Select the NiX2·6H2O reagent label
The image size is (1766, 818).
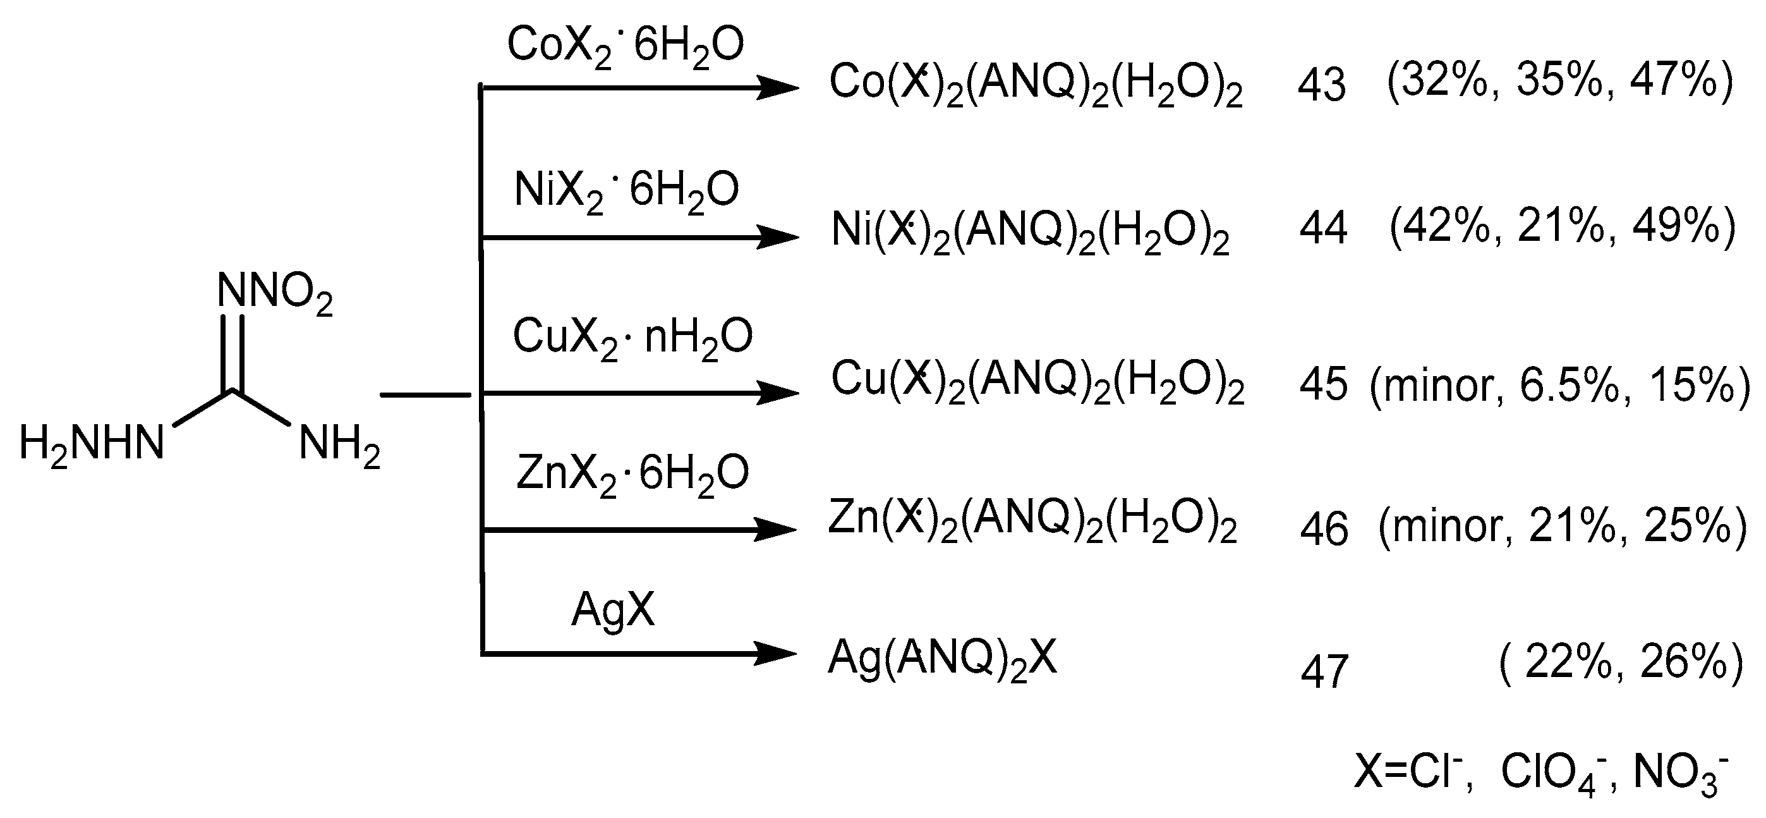626,192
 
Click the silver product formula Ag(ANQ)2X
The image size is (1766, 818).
942,659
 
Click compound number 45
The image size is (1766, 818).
1323,384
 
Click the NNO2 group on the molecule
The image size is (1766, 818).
274,293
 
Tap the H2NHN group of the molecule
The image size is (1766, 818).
91,444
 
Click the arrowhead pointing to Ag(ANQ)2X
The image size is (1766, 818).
775,654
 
